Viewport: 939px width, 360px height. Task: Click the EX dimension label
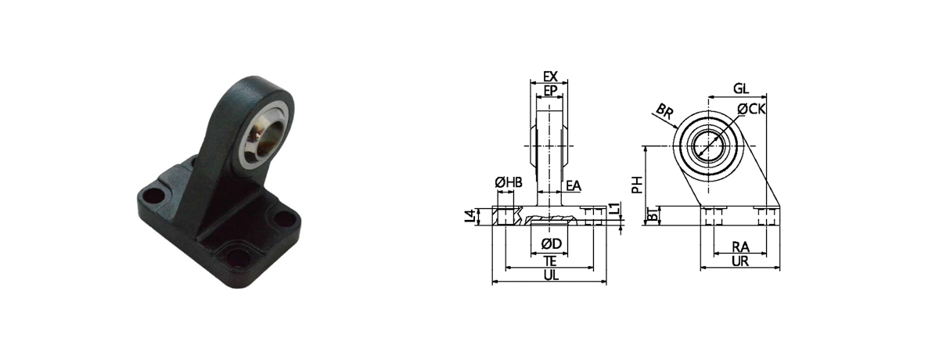click(550, 77)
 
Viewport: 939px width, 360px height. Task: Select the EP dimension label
click(550, 91)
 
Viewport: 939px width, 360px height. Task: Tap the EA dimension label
click(574, 185)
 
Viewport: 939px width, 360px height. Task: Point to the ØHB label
click(509, 182)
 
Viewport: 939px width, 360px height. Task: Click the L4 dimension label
click(471, 216)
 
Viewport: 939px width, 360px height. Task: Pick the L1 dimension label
click(613, 208)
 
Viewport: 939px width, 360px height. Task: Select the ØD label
click(551, 243)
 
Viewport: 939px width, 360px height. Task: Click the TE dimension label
click(550, 261)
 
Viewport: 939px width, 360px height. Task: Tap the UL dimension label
click(551, 275)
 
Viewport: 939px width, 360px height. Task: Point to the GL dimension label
click(741, 89)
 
